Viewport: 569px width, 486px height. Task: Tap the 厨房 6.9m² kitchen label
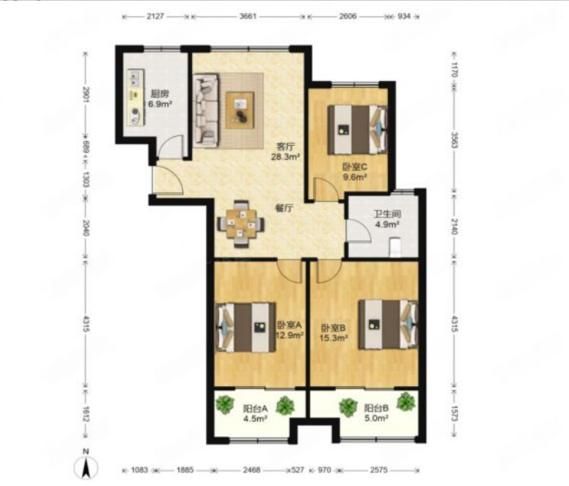tap(160, 99)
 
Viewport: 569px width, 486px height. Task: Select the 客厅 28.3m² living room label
tap(285, 151)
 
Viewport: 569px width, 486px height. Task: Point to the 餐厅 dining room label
tap(284, 209)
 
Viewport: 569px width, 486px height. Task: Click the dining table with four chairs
tap(241, 224)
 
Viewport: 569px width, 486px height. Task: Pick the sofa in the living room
tap(206, 111)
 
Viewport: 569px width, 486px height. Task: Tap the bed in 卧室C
tap(357, 129)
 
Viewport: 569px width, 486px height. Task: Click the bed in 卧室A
tap(246, 327)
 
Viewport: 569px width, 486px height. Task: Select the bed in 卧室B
tap(388, 325)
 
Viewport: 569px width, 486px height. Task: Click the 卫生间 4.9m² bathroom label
tap(387, 219)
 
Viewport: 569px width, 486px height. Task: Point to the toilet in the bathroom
tap(395, 248)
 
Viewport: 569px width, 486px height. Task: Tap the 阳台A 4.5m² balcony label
tap(255, 413)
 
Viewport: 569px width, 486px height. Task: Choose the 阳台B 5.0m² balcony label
tap(377, 413)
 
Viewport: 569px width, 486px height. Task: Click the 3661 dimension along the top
tap(248, 17)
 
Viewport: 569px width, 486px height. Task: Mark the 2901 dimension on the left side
tap(86, 95)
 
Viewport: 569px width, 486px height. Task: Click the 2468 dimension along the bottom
tap(251, 470)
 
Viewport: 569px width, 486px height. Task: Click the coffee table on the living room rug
tap(240, 111)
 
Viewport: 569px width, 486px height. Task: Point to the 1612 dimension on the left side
tap(86, 414)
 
